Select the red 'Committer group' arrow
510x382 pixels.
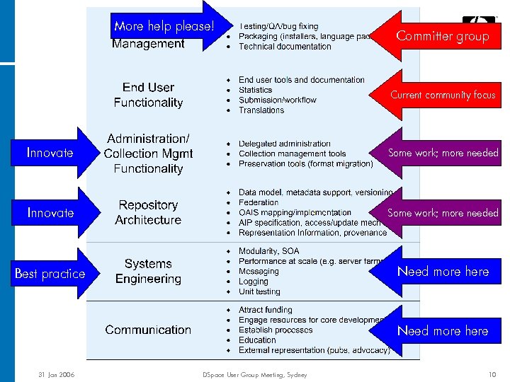441,36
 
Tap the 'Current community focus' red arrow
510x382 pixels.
441,95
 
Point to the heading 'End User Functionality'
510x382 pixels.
148,95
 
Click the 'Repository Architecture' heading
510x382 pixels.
148,212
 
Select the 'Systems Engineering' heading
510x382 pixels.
148,271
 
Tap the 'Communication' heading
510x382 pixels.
148,330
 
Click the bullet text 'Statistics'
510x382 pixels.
256,90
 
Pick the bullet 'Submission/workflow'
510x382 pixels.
278,100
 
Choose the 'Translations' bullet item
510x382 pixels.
261,110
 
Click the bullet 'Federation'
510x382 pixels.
259,202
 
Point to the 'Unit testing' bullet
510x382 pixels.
259,291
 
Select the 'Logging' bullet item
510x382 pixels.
254,282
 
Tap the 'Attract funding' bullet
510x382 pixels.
266,309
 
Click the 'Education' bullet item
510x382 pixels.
257,340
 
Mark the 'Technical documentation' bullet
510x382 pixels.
285,47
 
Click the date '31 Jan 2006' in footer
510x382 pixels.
57,374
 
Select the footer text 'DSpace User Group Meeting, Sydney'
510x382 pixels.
254,374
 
